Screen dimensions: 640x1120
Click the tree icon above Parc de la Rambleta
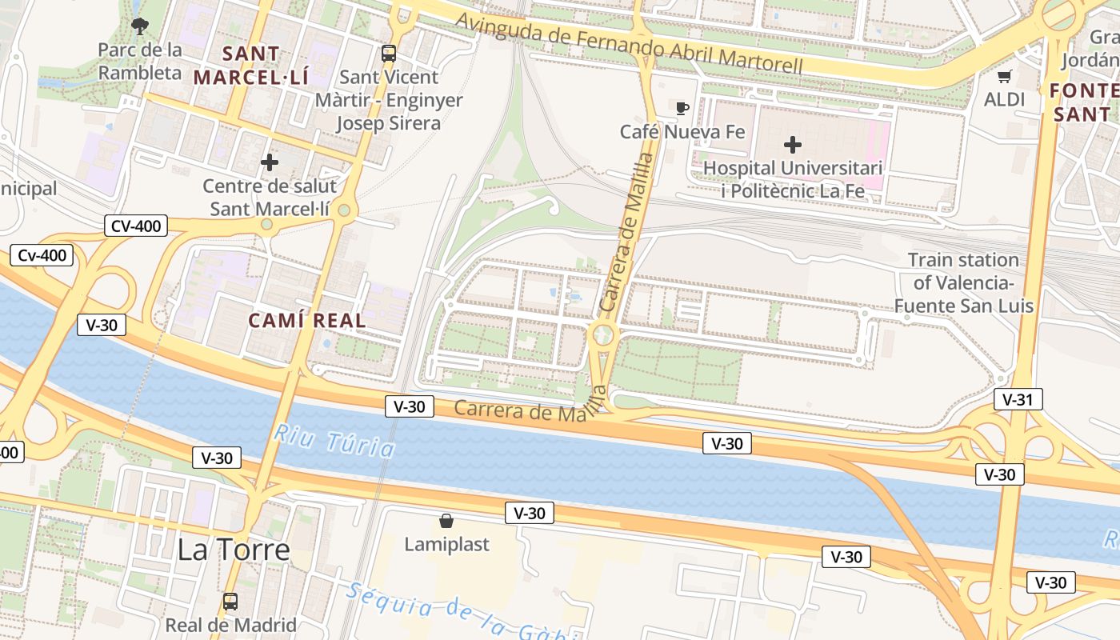[140, 26]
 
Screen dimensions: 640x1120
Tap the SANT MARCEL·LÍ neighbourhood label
[250, 66]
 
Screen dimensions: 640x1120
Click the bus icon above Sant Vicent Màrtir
[389, 54]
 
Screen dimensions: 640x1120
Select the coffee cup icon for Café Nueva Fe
[682, 108]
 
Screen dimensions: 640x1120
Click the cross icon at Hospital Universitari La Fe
[793, 145]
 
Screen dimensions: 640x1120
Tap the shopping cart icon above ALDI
[1005, 77]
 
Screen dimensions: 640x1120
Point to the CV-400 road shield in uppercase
[135, 226]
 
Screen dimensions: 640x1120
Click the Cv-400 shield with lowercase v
[42, 256]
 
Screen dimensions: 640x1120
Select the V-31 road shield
[1018, 399]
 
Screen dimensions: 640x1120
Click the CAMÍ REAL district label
[306, 321]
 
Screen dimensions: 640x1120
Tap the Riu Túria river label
[334, 442]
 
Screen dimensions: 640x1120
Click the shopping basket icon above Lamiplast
[446, 522]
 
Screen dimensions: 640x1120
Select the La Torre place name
[233, 550]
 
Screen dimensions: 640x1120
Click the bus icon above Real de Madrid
[230, 602]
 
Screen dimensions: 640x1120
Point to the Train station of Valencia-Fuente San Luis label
[963, 282]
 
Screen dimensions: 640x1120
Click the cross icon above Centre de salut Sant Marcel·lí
[270, 163]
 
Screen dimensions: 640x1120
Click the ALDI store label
[1004, 99]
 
